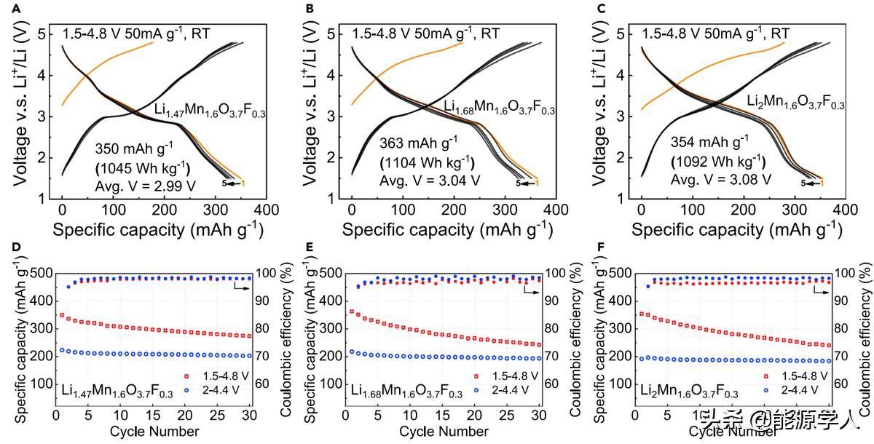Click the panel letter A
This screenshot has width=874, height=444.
pyautogui.click(x=7, y=9)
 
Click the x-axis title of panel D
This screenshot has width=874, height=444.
pyautogui.click(x=154, y=431)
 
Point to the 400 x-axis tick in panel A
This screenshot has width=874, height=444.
pyautogui.click(x=267, y=210)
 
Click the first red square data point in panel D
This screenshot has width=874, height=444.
pyautogui.click(x=62, y=315)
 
